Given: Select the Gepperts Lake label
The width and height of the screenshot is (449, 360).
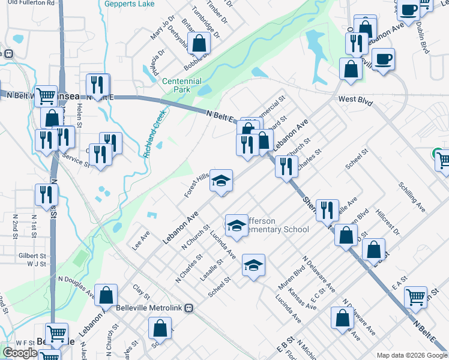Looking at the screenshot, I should point(129,4).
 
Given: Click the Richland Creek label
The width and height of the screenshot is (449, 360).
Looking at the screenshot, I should point(154,133).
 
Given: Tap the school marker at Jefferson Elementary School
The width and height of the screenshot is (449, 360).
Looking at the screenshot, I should point(237,226).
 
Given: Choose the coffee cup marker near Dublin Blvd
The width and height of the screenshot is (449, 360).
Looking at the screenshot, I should point(408,10).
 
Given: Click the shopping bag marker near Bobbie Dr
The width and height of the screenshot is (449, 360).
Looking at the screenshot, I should point(198,43).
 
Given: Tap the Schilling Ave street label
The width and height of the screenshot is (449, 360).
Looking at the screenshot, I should point(411,196).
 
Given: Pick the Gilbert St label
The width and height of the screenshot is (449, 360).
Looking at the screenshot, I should point(32,256).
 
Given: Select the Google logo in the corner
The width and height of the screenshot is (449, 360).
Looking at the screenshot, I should point(20,353).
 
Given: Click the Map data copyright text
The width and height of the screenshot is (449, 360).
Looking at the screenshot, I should point(411,355).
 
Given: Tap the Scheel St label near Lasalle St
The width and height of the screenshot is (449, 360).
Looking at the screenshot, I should point(219,286).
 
